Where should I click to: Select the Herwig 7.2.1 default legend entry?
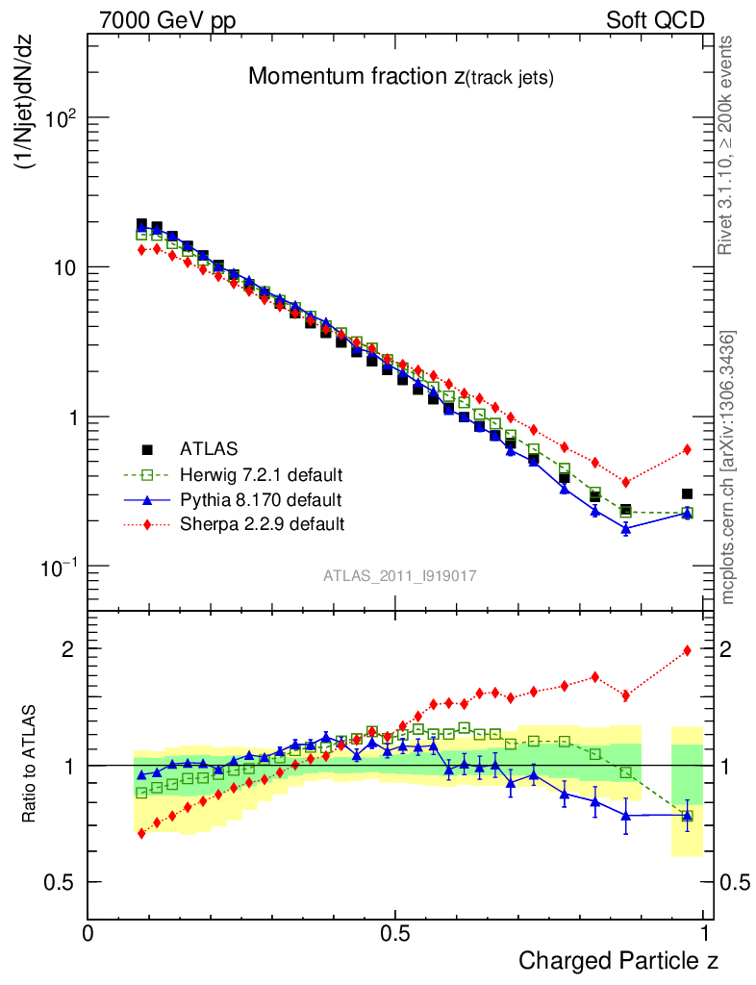click(x=261, y=474)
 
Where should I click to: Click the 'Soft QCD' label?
click(x=655, y=20)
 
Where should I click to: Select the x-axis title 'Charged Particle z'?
click(x=618, y=960)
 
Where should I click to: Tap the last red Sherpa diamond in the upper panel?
click(x=687, y=449)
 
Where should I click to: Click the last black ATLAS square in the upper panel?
click(x=687, y=493)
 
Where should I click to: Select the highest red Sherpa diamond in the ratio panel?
click(x=687, y=650)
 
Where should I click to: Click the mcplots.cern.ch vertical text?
click(x=728, y=467)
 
